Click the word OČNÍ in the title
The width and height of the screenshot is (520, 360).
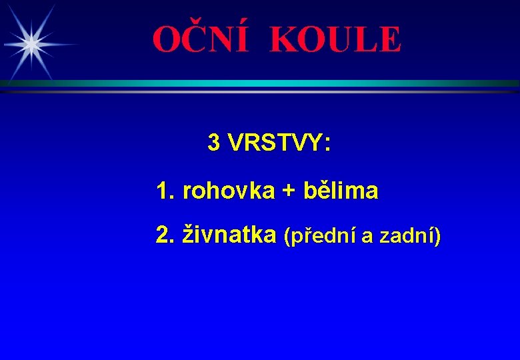coord(200,40)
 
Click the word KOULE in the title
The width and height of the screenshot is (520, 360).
coord(335,40)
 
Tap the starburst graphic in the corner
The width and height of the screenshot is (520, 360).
coord(31,43)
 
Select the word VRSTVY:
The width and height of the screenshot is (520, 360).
coord(279,142)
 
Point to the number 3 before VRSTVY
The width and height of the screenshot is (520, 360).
coord(214,142)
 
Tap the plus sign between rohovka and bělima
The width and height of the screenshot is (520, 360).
coord(288,191)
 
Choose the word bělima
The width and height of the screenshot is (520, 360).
coord(341,191)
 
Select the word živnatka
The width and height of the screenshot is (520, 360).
coord(229,235)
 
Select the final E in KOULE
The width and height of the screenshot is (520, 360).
coord(390,40)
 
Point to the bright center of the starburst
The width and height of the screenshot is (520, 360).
coord(31,43)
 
